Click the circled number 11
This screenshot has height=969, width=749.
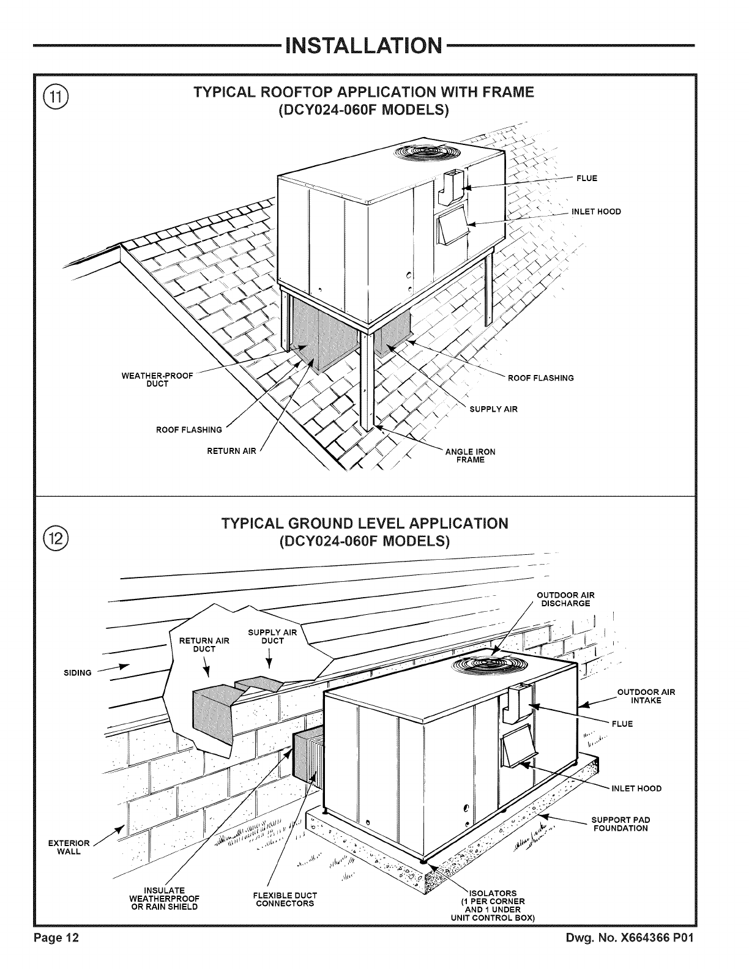57,98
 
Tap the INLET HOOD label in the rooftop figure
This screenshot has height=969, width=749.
595,212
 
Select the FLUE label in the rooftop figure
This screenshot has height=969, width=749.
586,179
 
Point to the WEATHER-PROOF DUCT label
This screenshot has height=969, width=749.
158,380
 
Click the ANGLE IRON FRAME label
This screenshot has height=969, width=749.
470,456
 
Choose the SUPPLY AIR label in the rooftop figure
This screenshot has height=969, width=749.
493,409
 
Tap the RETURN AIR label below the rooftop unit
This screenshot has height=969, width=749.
232,451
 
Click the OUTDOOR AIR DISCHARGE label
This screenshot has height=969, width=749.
565,600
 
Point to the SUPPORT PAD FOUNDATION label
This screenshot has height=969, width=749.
620,824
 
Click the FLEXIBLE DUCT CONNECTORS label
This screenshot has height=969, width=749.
285,900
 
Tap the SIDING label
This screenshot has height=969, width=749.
78,673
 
